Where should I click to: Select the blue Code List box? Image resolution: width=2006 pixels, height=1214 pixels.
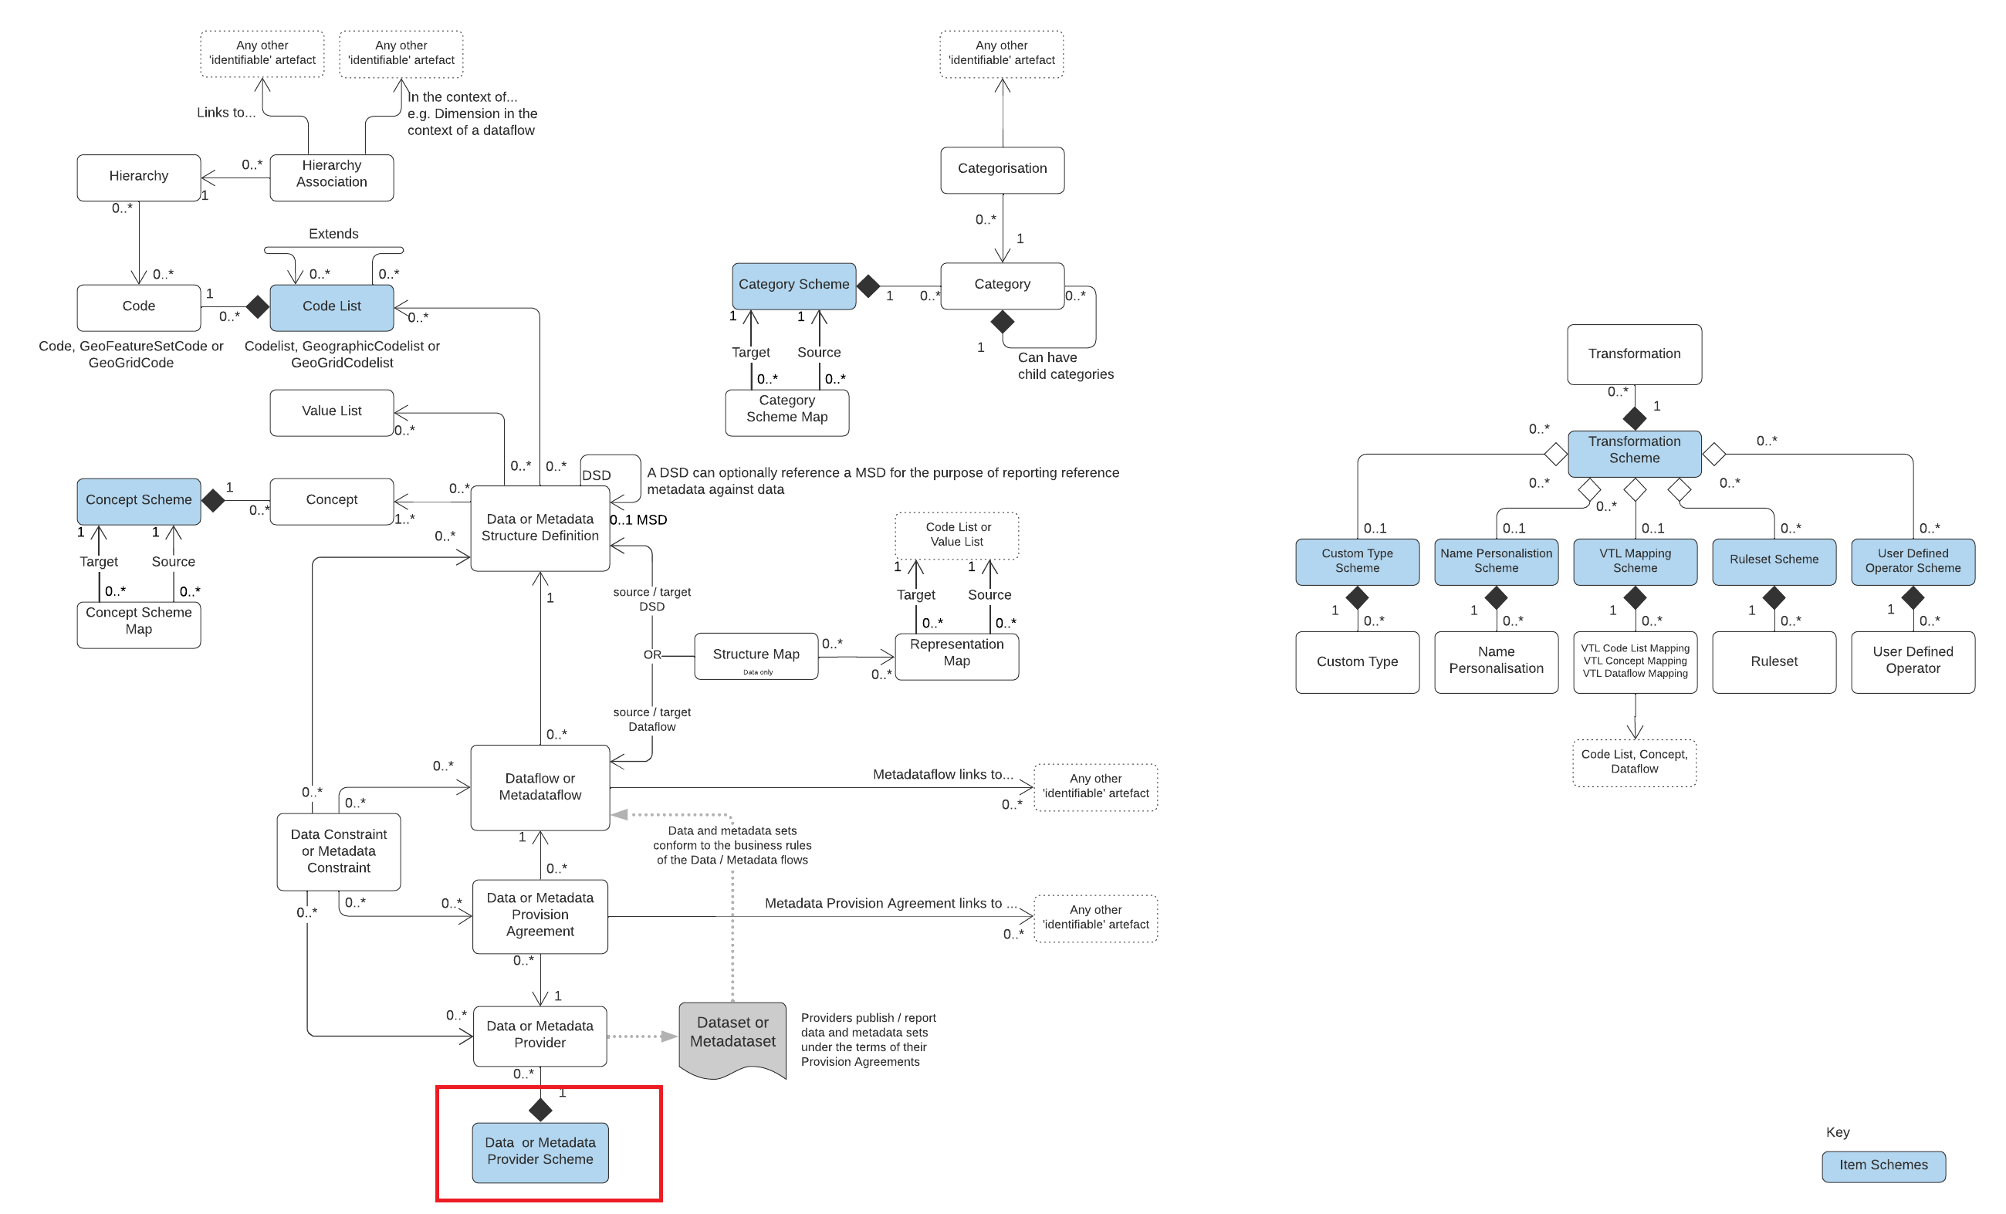click(331, 307)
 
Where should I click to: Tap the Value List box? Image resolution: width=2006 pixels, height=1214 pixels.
click(331, 412)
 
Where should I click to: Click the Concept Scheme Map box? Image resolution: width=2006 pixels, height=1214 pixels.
click(138, 624)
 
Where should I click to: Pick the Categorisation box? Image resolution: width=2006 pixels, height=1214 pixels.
click(1001, 169)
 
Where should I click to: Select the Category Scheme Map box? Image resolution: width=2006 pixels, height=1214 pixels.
click(787, 412)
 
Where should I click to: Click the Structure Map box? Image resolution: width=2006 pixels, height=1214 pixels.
click(756, 655)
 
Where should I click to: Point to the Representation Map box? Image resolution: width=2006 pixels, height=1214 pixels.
click(956, 655)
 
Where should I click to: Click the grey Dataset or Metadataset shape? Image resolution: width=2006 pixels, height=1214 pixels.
click(732, 1036)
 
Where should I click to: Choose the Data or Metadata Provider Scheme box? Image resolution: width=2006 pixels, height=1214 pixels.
click(540, 1151)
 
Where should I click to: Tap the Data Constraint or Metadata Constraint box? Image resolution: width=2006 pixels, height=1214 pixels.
click(338, 850)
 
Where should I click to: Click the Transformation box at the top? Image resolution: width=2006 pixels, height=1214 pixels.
click(1633, 354)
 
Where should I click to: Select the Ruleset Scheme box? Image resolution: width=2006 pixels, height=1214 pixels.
click(1773, 561)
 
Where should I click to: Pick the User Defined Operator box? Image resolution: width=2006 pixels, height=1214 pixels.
click(1912, 661)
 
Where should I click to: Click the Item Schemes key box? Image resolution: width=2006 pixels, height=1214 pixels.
click(1883, 1165)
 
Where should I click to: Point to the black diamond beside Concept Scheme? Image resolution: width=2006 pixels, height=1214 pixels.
click(213, 500)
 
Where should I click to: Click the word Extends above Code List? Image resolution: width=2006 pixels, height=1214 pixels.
click(333, 234)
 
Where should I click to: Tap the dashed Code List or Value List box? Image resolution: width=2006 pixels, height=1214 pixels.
click(956, 535)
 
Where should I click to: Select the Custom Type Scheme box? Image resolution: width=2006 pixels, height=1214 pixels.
click(1356, 561)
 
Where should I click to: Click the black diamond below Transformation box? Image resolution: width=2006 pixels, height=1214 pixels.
click(1633, 418)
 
